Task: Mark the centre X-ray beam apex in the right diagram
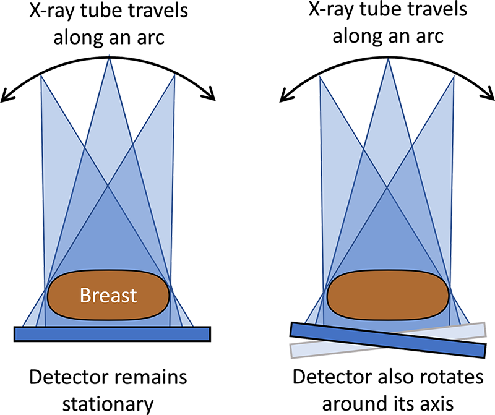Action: point(387,57)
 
